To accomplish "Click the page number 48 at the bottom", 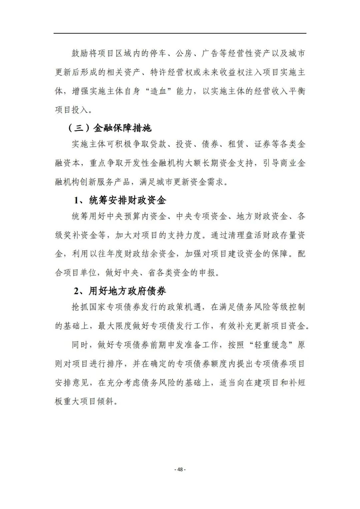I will coord(180,469).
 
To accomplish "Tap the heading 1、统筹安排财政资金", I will coord(120,200).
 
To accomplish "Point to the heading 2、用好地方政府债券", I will coord(120,291).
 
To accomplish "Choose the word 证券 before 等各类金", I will coord(262,144).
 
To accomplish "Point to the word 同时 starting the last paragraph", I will coord(80,345).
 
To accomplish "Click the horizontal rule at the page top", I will coord(180,33).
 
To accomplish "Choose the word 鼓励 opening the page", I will coord(80,53).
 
